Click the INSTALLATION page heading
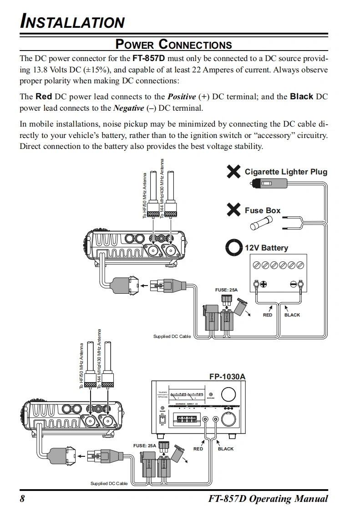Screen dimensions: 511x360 point(72,22)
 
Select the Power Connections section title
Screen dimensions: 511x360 point(173,44)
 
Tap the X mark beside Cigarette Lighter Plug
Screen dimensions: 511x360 point(233,172)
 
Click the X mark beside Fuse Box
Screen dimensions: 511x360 point(233,210)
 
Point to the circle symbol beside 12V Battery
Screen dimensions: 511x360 point(233,248)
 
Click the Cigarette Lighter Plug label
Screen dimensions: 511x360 point(286,172)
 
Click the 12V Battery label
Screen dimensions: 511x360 point(266,248)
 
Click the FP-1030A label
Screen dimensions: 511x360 point(227,377)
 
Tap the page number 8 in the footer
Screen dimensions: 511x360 point(22,498)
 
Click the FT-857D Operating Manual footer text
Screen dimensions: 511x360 point(268,498)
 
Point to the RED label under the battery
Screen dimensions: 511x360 point(268,315)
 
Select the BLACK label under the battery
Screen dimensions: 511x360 point(292,315)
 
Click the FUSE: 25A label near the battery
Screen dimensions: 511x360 point(226,290)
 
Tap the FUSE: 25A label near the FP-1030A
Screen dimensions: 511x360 point(145,445)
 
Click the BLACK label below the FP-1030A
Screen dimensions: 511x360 point(226,449)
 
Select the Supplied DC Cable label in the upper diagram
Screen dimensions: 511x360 point(172,336)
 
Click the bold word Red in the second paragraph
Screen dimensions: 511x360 point(44,97)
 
